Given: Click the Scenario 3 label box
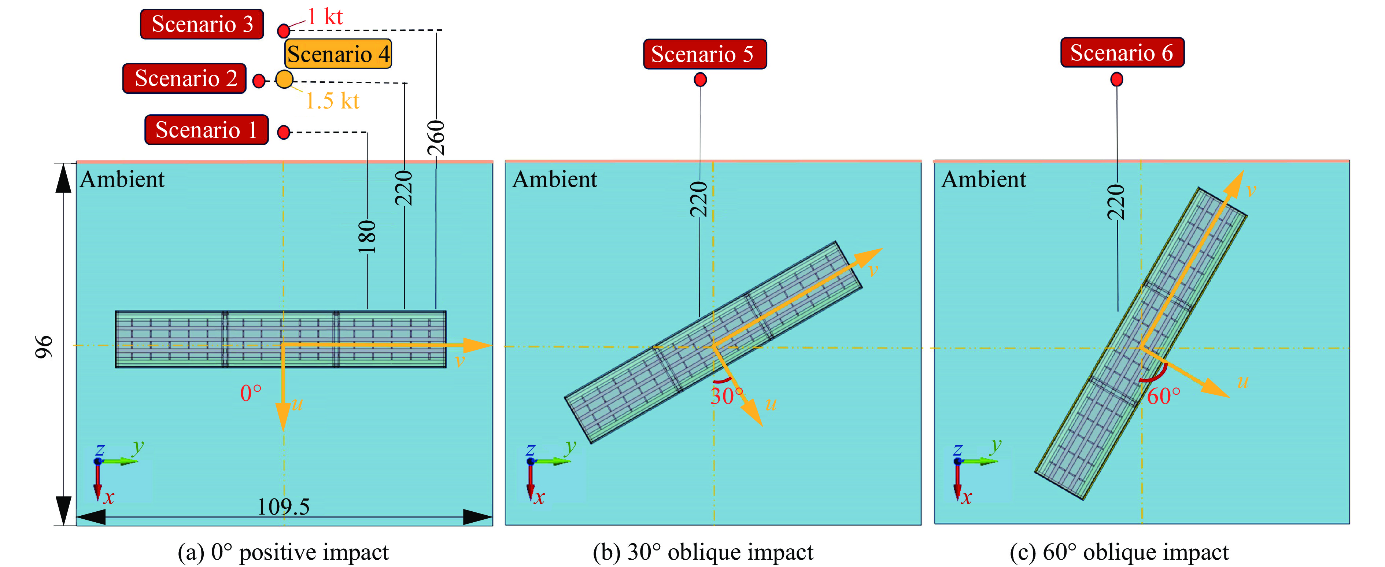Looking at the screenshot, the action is pos(202,24).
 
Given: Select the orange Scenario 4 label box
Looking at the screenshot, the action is pos(338,54).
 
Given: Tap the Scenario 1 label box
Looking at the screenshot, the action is pos(206,130).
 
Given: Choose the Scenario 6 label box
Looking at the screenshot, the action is pos(1122,52).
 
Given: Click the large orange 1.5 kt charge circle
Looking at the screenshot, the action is pos(284,80).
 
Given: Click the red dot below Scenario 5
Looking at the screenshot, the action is pos(700,80).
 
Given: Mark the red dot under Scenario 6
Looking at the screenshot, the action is pos(1117,80).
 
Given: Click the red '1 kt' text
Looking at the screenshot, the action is pos(325,17).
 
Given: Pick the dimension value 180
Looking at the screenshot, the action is pos(367,237).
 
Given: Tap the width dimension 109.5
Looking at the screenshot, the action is pos(283,506).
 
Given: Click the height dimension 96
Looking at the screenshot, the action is pos(44,347).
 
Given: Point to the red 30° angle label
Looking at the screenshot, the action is pos(727,397).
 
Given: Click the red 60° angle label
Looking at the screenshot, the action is pos(1163,397).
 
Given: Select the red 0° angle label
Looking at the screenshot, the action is pos(251,393).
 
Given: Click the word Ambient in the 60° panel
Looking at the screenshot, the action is pos(984,179).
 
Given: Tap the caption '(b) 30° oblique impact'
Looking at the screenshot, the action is pos(703,552).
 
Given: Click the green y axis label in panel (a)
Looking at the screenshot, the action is pos(139,446).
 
